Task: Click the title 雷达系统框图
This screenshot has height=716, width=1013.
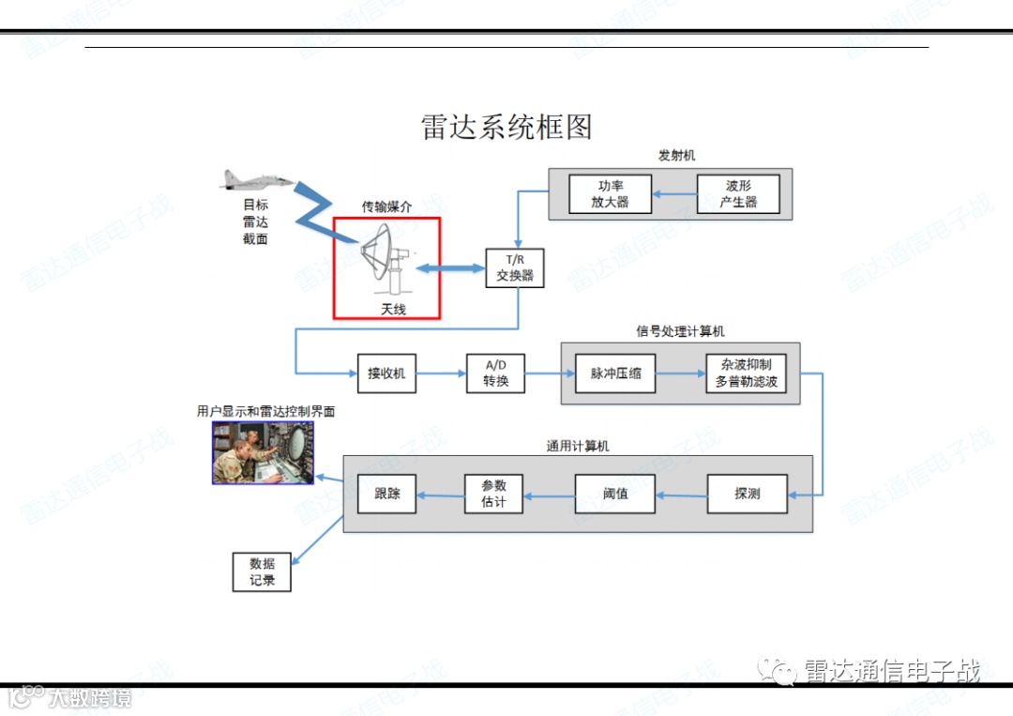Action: (x=506, y=128)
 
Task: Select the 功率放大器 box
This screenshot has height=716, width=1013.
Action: (x=611, y=194)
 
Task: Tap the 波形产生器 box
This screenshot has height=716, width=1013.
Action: (x=738, y=194)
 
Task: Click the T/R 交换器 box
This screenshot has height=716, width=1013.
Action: (x=514, y=268)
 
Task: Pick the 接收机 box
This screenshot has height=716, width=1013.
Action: (x=386, y=373)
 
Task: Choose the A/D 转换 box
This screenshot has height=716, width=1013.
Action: (x=495, y=373)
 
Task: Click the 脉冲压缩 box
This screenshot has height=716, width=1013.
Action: (x=615, y=373)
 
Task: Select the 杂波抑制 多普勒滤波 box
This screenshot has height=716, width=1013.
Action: (x=746, y=373)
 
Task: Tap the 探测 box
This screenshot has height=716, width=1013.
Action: (x=748, y=494)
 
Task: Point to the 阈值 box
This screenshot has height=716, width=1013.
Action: (x=615, y=494)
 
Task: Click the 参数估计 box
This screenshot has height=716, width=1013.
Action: (x=493, y=494)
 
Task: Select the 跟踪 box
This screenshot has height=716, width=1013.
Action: (x=386, y=494)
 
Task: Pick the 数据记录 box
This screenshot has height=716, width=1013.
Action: (x=262, y=572)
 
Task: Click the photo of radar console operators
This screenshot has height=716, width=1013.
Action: (x=263, y=452)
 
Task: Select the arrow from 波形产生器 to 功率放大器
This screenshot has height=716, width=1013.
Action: (x=674, y=194)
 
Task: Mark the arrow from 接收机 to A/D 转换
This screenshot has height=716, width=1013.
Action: (x=441, y=373)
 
